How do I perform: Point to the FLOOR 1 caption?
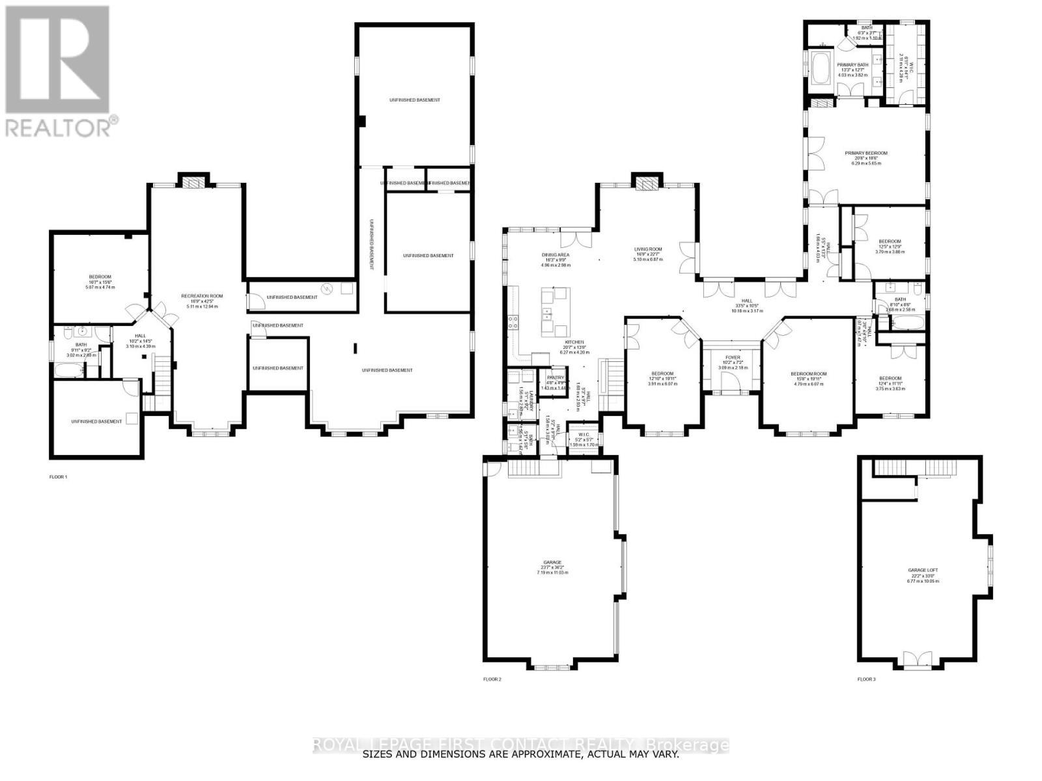point(59,476)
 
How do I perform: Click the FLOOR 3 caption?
point(866,679)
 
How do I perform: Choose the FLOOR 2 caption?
point(492,679)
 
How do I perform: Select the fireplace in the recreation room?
point(193,183)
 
